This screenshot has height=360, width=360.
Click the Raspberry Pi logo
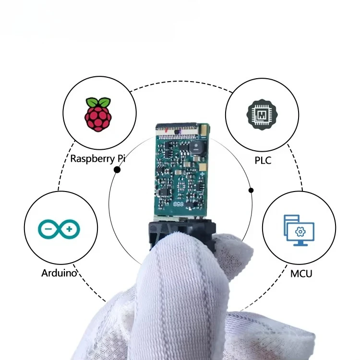(98, 115)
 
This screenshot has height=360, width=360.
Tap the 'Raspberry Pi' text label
(95, 158)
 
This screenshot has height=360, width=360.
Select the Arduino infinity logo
(60, 229)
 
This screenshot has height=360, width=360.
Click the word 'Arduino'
(60, 274)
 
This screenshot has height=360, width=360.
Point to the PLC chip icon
(262, 115)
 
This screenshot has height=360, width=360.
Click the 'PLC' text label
(263, 160)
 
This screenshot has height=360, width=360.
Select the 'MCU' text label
(301, 274)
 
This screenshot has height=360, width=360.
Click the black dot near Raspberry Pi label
(117, 169)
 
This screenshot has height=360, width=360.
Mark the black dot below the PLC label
(251, 190)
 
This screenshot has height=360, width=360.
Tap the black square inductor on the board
(197, 149)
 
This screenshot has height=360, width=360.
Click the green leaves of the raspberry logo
(98, 102)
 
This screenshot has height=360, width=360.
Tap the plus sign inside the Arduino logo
(70, 229)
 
